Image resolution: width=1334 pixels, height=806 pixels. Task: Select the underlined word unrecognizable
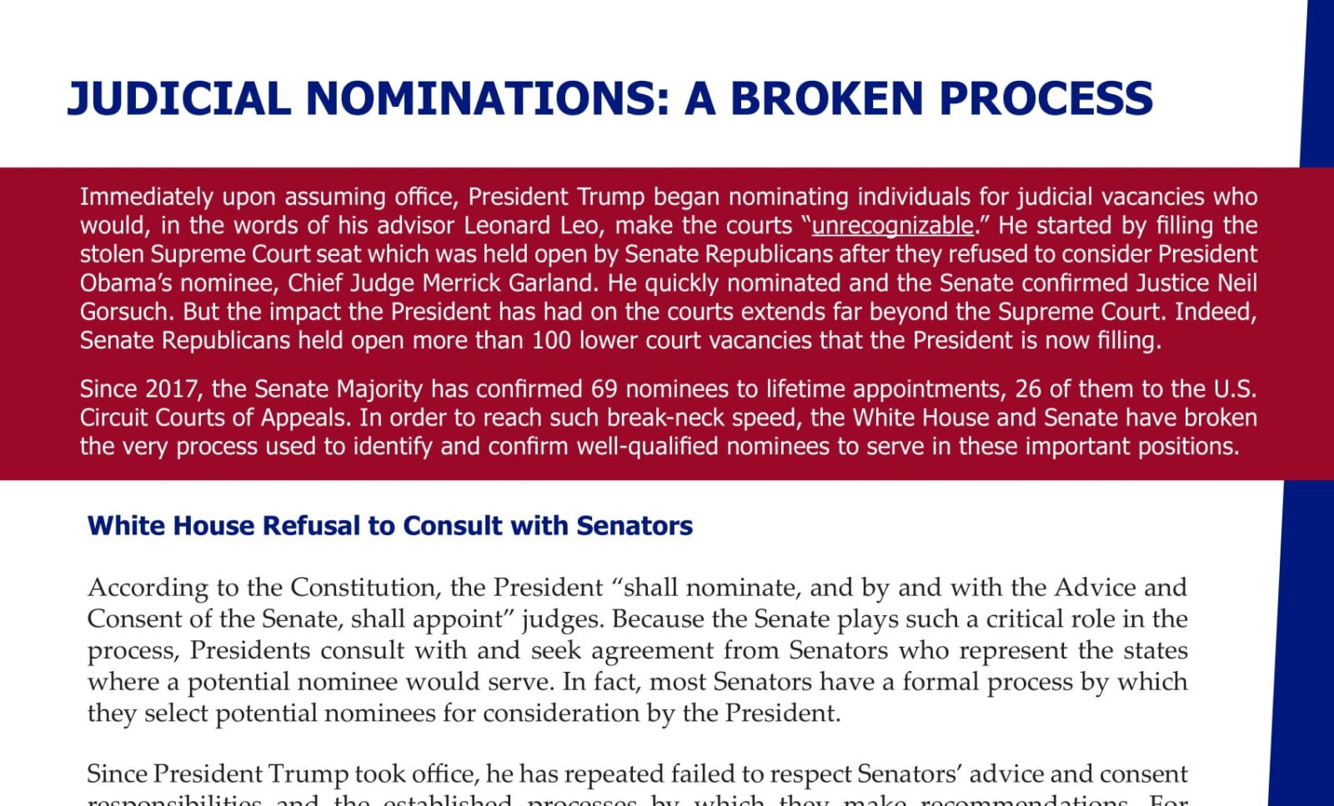click(892, 225)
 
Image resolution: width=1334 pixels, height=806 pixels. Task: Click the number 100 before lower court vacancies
click(552, 340)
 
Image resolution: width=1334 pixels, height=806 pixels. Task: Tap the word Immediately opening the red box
click(147, 197)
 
